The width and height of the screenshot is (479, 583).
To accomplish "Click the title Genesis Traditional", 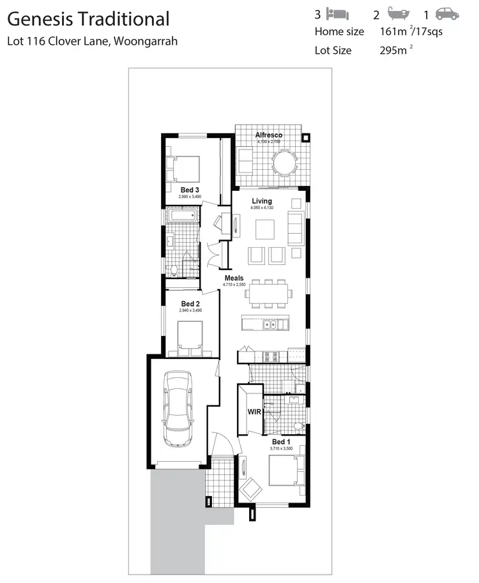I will pos(88,19).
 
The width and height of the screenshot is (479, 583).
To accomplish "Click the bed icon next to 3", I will pos(337,14).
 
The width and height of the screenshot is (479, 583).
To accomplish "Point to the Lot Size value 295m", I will pos(392,50).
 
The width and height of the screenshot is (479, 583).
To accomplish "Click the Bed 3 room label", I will pos(190,190).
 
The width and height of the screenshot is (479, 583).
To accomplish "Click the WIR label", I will pos(254,412).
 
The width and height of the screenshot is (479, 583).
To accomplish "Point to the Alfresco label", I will pos(269,135).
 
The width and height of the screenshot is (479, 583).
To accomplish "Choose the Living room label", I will pos(261,201).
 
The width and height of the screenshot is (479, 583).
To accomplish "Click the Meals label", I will pos(234,278).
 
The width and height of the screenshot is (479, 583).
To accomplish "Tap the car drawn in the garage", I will pos(178,409).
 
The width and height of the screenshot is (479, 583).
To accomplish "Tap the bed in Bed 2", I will pos(190,337).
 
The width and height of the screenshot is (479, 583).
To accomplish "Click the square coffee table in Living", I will pos(264,228).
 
